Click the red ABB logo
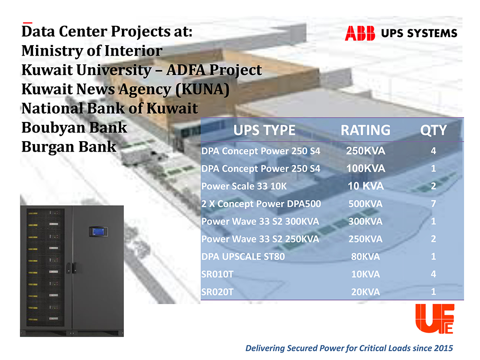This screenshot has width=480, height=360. [360, 33]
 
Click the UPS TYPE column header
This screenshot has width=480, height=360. [264, 130]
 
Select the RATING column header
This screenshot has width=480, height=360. [365, 130]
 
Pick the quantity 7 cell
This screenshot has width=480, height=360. [433, 204]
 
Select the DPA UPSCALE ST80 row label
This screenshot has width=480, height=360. [243, 257]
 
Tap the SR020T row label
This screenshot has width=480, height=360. [217, 292]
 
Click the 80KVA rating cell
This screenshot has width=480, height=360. [365, 257]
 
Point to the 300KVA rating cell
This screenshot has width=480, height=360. [365, 222]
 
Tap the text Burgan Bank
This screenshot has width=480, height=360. [69, 146]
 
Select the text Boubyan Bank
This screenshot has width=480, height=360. [74, 127]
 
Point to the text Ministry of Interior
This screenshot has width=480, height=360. [92, 50]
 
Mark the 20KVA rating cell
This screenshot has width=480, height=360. [365, 292]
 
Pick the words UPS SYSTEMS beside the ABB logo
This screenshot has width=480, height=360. [419, 34]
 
